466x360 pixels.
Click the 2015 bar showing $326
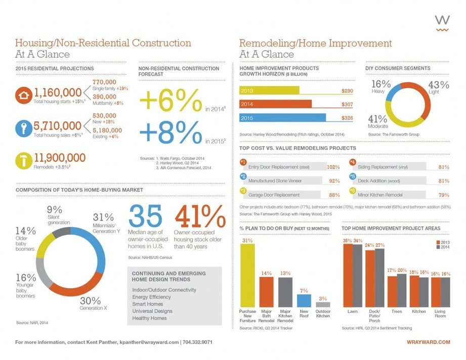282,118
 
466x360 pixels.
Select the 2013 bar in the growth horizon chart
269,91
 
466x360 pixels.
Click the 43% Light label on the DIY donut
438,87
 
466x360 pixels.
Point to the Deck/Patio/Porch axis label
375,315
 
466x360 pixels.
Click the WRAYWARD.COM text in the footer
428,342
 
